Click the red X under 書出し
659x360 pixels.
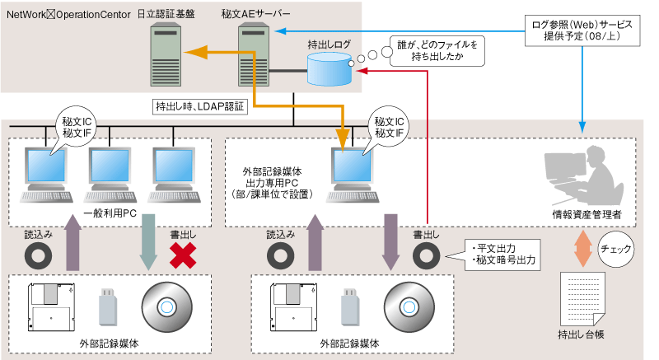(185, 255)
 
